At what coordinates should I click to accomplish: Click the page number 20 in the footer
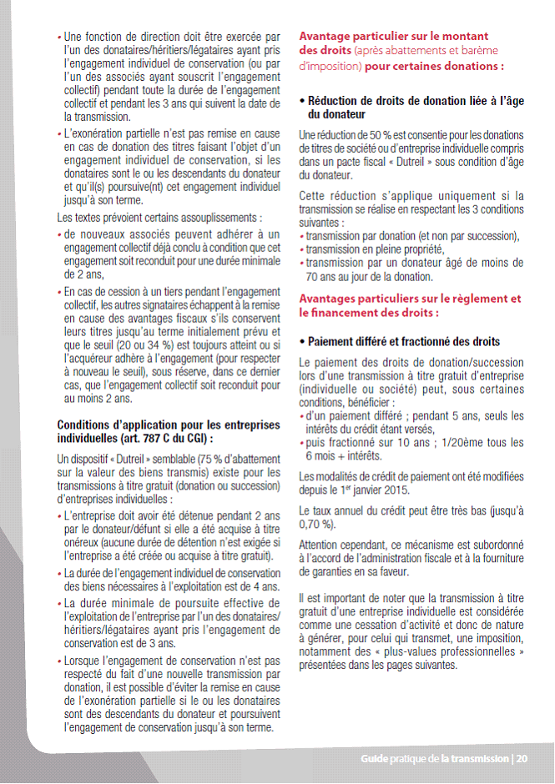coord(522,759)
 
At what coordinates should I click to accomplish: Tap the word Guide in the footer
coord(376,759)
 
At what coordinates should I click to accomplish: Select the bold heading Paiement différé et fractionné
coord(404,342)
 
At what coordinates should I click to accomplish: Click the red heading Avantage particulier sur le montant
coord(393,36)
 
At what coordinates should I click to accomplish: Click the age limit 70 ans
coord(321,275)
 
